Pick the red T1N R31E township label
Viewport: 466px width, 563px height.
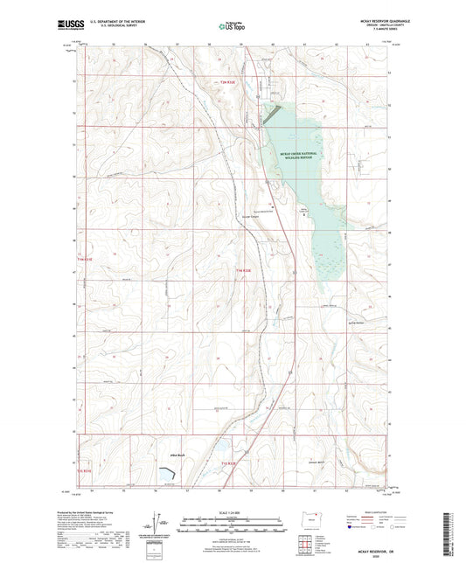83,259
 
